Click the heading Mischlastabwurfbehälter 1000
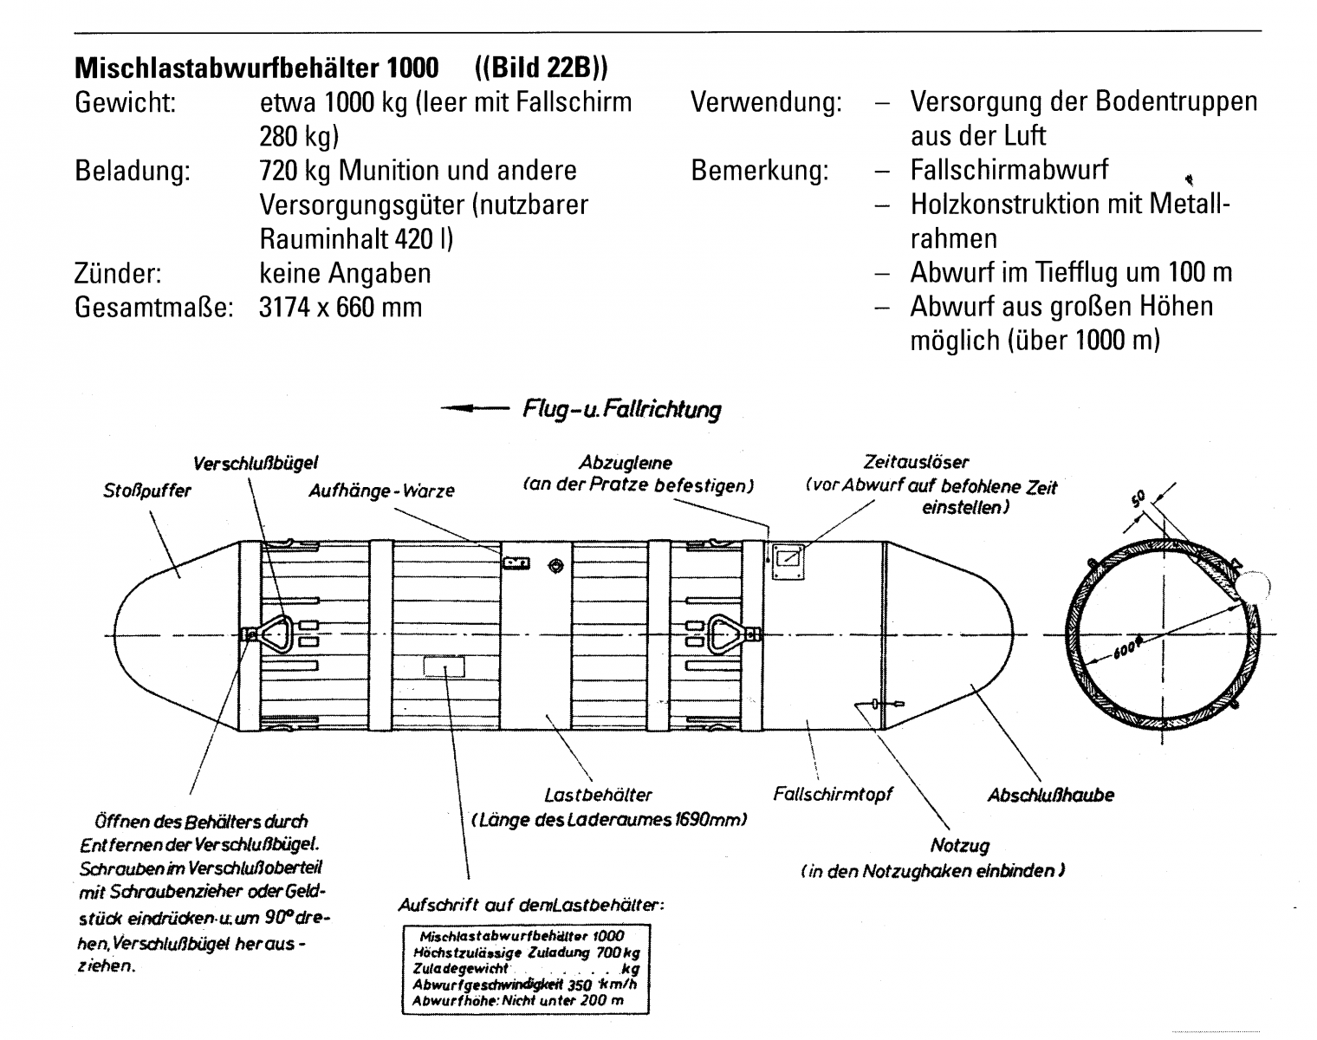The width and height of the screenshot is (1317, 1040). coord(256,68)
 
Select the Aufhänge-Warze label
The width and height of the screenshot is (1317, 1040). coord(381,491)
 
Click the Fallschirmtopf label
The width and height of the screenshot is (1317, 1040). coord(833,794)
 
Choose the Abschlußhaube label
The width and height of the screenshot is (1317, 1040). coord(1050,794)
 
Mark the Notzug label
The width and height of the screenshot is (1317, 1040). coord(959,845)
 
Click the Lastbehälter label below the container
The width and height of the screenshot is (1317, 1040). coord(598,794)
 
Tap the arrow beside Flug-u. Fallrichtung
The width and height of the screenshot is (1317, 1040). coord(475,408)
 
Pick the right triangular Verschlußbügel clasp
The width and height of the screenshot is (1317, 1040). coord(726,634)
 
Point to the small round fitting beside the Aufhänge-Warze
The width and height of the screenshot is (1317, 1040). coord(555,566)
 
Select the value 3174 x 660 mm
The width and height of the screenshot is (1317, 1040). coord(341,307)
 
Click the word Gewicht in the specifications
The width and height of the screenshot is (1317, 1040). coord(127,102)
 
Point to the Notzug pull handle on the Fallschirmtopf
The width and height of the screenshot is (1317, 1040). coord(877,704)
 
